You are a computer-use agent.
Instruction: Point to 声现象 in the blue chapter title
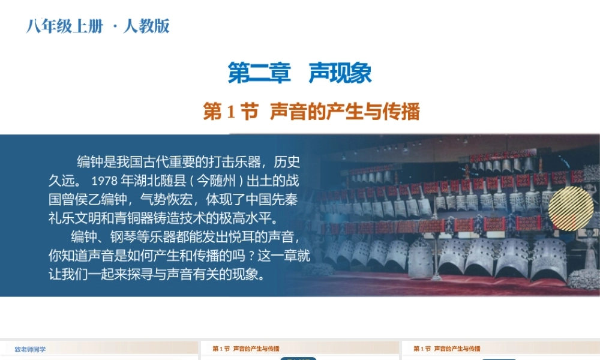340,73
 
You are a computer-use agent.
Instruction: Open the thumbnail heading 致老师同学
30,349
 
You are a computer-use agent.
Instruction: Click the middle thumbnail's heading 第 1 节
221,349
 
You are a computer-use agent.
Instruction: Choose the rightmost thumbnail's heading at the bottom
447,349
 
